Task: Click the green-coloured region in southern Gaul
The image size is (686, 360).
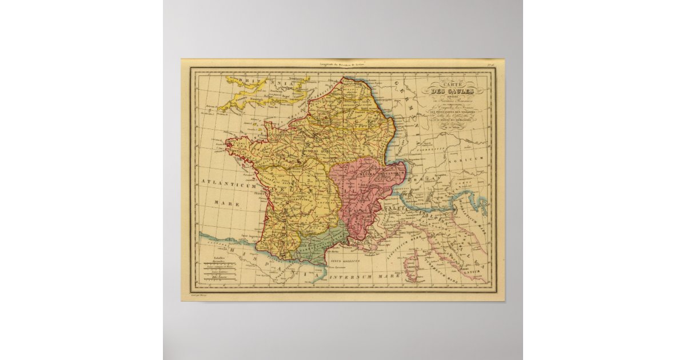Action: click(x=320, y=246)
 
